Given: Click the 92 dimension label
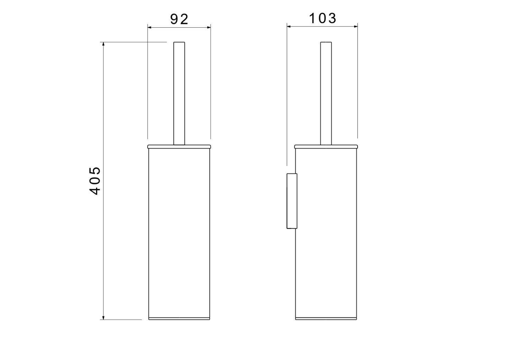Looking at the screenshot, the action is (179, 19).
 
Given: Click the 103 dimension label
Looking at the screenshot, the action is (322, 18).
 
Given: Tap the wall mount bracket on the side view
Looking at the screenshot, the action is (292, 201).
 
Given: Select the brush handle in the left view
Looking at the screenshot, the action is (179, 93).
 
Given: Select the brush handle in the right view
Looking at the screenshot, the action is (326, 93).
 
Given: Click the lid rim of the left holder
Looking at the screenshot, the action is (179, 147).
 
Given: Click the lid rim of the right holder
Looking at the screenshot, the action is (326, 147).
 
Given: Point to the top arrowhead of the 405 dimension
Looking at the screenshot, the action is (103, 44).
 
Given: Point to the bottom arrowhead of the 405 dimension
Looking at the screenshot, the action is (103, 317).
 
